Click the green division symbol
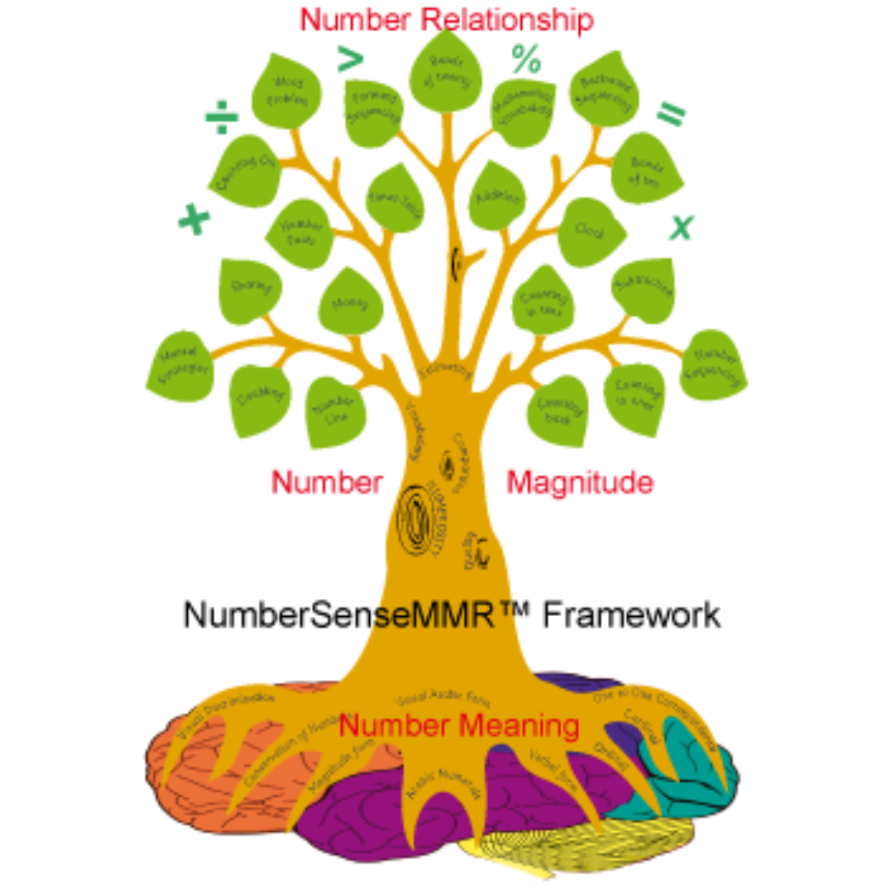pyautogui.click(x=221, y=121)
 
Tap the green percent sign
pyautogui.click(x=526, y=60)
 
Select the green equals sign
pyautogui.click(x=670, y=115)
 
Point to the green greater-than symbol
pyautogui.click(x=350, y=59)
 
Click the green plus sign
pyautogui.click(x=194, y=219)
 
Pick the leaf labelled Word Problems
pyautogui.click(x=282, y=93)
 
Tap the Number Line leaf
pyautogui.click(x=335, y=409)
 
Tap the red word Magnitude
pyautogui.click(x=580, y=482)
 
